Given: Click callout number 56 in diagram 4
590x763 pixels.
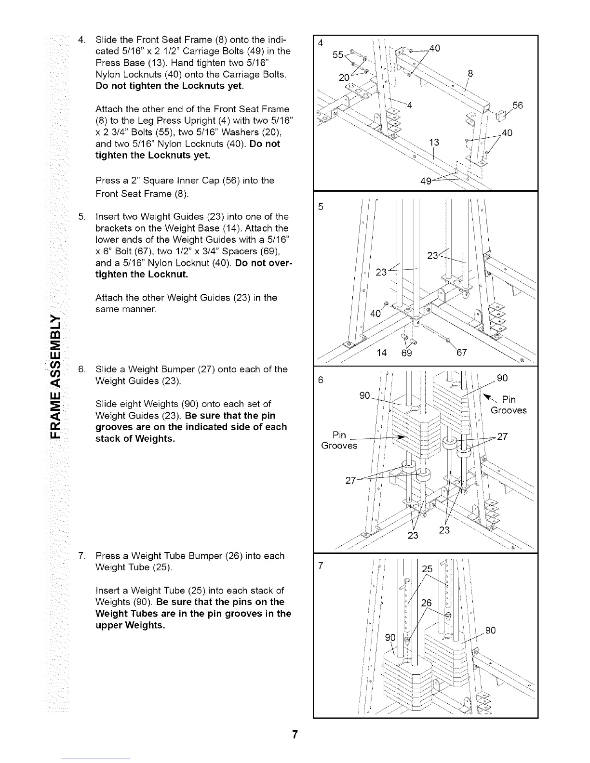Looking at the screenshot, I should [518, 105].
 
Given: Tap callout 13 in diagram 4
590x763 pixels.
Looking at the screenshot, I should [435, 142].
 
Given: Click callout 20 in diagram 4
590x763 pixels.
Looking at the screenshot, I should [344, 77].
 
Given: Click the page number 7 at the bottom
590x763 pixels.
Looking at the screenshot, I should [295, 735].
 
